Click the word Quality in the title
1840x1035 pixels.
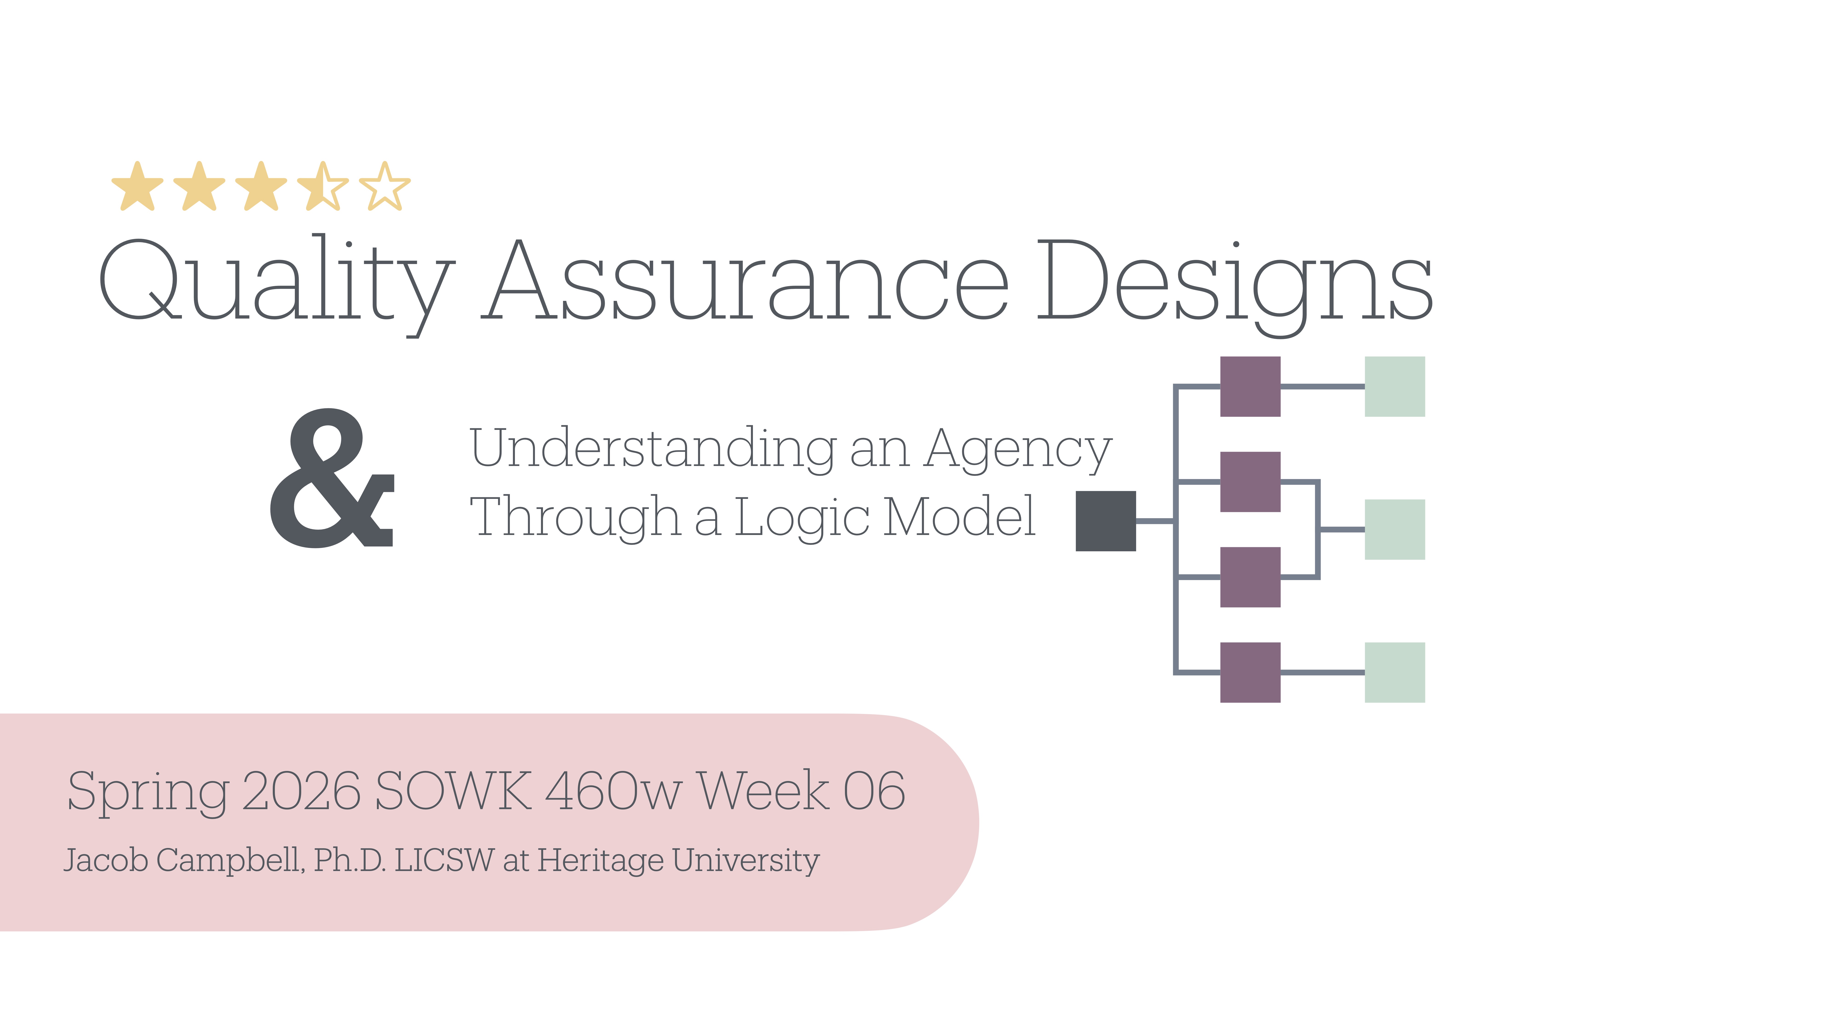275,282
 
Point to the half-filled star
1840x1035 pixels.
323,187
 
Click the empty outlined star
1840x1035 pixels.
385,187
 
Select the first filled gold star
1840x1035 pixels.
138,187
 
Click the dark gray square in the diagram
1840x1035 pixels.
1105,521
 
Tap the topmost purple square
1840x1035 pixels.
1250,386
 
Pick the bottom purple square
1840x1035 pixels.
1250,672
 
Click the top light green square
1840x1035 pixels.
1394,386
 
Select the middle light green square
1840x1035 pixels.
1394,529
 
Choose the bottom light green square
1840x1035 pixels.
1394,672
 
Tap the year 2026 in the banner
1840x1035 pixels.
301,791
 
